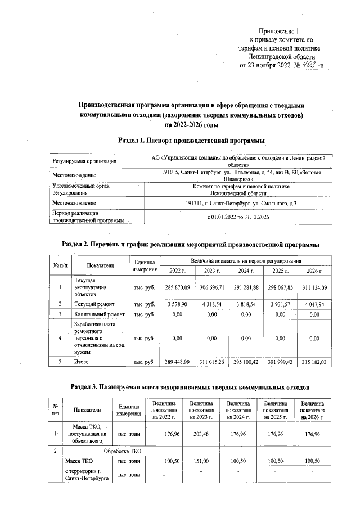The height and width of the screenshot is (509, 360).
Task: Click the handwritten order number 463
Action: [308, 65]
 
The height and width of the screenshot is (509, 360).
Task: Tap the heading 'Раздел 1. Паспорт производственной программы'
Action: [191, 139]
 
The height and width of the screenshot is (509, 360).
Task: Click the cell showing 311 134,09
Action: [313, 287]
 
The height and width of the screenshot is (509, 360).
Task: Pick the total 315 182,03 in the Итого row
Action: [313, 362]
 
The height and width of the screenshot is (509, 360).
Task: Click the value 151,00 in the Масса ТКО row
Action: [201, 461]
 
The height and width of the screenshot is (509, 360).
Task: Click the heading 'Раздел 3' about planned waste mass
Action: [191, 386]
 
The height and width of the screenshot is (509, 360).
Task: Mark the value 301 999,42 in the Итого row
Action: [279, 362]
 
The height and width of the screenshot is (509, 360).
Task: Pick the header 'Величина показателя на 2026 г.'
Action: [312, 410]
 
